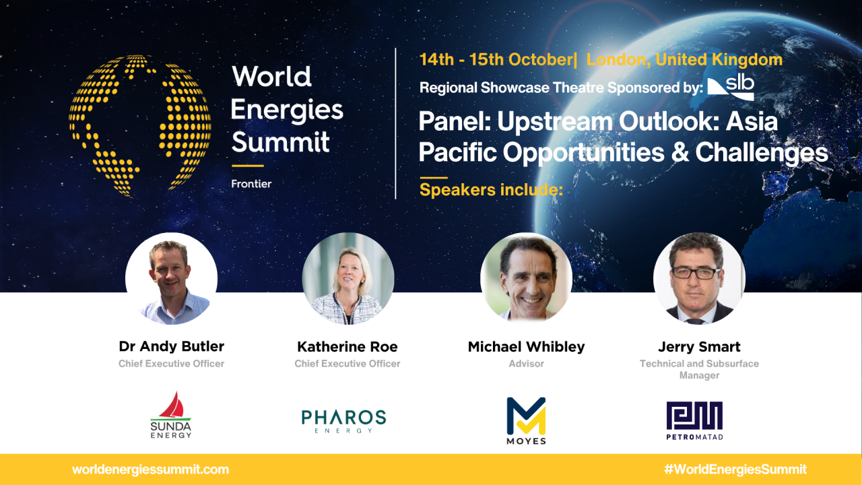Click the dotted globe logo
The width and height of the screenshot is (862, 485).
coord(139,126)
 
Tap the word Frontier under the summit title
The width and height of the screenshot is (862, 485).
coord(251,183)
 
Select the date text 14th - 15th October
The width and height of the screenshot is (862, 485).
coord(495,59)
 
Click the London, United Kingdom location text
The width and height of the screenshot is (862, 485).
coord(684,59)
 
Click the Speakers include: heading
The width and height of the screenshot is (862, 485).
coord(490,190)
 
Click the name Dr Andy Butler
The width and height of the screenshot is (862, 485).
coord(171,347)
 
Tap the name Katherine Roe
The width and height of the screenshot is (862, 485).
coord(347,347)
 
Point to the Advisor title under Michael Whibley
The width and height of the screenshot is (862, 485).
coord(526,364)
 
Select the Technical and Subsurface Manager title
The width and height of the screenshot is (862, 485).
coord(699,369)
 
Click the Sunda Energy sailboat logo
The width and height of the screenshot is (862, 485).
coord(171,415)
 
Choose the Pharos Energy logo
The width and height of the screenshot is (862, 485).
coord(343,420)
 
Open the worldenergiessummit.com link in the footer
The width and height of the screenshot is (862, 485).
coord(150,470)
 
